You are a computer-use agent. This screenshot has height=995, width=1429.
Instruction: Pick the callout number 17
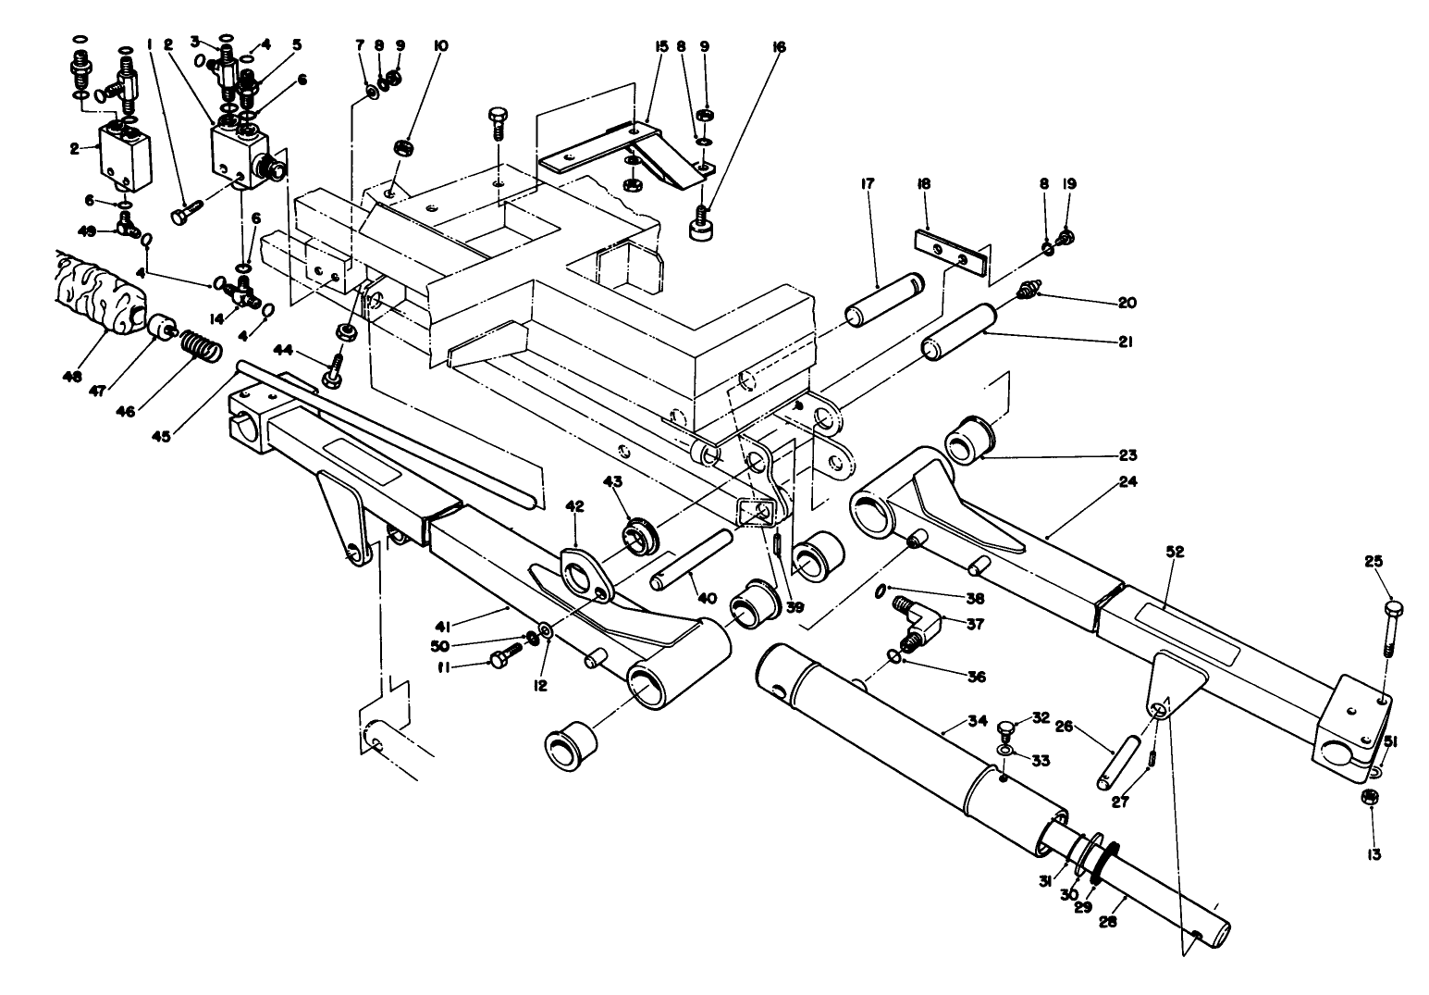point(868,185)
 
